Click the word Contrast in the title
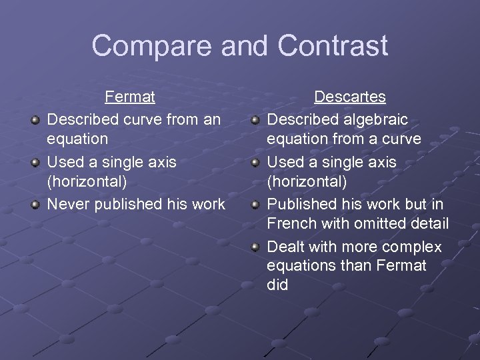(333, 46)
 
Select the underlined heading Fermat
(130, 97)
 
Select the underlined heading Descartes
(350, 97)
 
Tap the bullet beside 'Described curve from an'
(35, 121)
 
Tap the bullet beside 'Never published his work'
(35, 205)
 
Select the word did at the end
(277, 285)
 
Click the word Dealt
(285, 247)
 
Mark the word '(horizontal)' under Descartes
(307, 181)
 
